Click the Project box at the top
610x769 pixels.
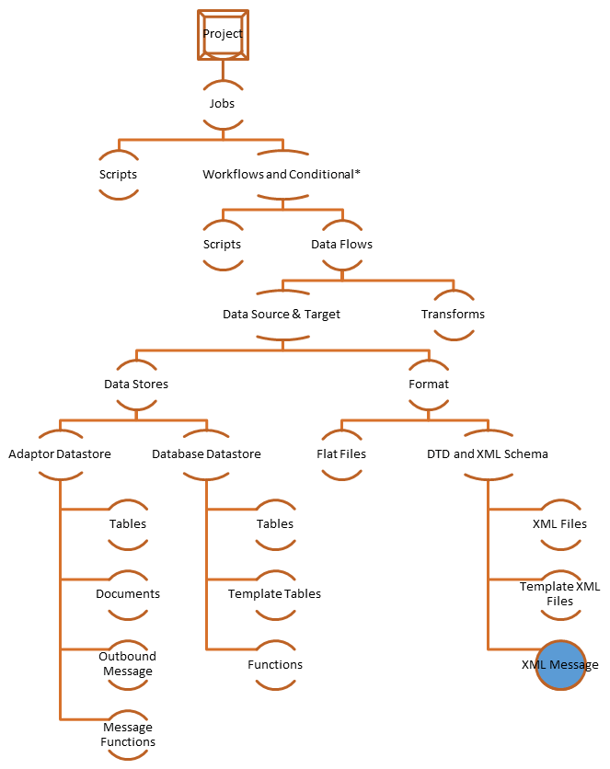(223, 35)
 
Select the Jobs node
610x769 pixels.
(222, 104)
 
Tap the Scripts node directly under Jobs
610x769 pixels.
(119, 174)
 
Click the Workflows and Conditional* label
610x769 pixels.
(282, 174)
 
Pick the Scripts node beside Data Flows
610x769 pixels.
(222, 245)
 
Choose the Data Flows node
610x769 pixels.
(341, 245)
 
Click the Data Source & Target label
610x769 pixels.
(282, 315)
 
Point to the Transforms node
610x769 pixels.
(453, 315)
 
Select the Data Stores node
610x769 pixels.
(136, 384)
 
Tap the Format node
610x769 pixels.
(429, 384)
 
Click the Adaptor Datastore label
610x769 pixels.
(60, 453)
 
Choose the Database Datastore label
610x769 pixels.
(206, 453)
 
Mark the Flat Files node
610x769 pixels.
(340, 453)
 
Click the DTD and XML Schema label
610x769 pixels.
(488, 453)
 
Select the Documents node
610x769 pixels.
(128, 594)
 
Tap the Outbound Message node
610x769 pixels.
(128, 663)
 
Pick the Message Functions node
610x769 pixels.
(128, 734)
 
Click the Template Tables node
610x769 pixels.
(275, 594)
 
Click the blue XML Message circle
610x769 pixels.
(560, 664)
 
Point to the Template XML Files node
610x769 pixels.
(560, 594)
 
